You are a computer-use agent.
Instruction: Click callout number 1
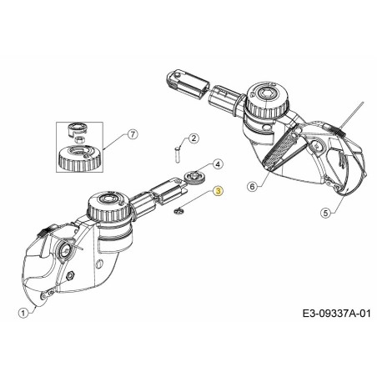coord(23,312)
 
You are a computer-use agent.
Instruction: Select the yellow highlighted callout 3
coord(219,191)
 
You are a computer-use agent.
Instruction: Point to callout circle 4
coord(217,165)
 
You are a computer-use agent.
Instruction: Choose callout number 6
coord(252,187)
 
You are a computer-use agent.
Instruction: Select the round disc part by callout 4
coord(198,177)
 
